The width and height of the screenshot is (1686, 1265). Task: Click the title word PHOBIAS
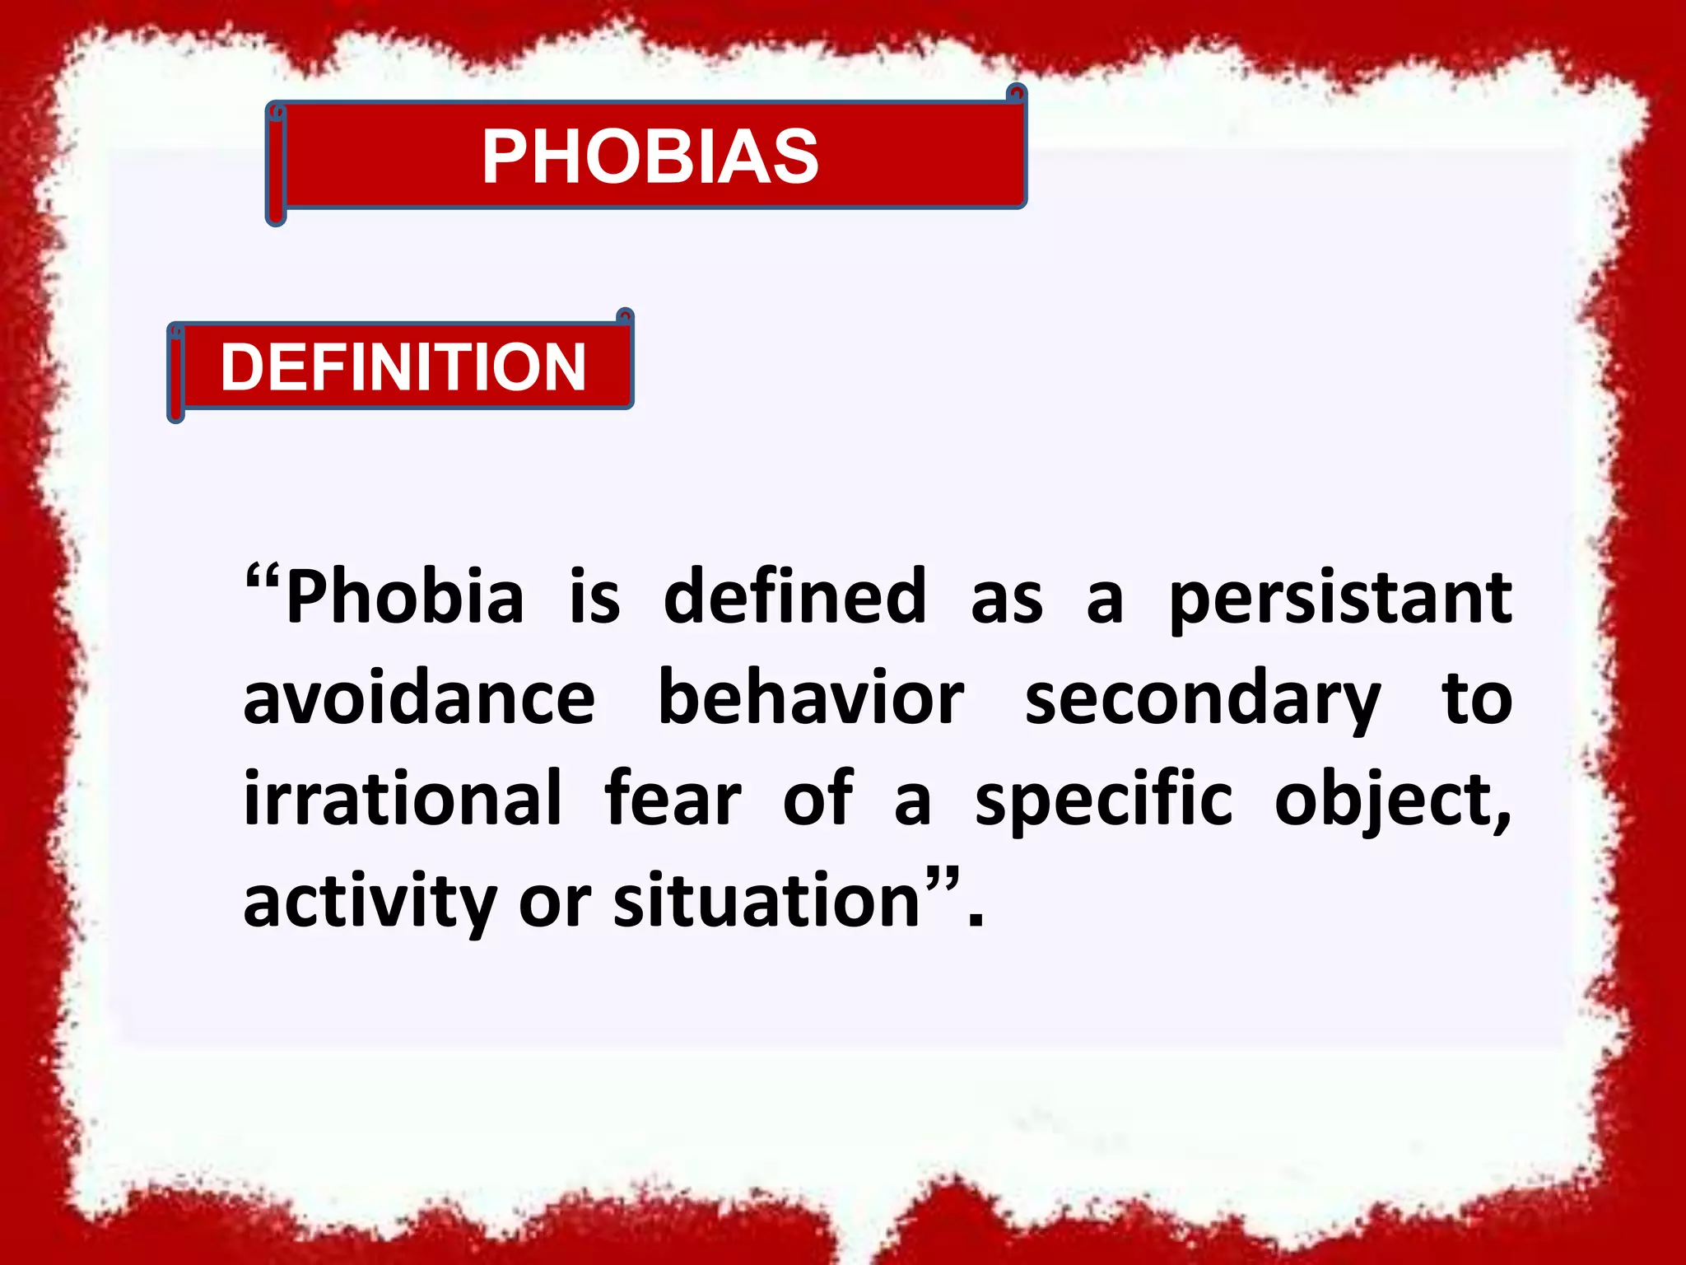tap(650, 156)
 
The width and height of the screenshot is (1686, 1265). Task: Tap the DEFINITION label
tap(403, 367)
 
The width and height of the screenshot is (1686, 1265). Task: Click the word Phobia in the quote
tap(404, 597)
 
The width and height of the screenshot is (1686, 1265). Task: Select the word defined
tap(794, 597)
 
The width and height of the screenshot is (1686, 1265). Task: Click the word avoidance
tap(419, 698)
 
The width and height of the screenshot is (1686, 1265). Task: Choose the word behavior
tap(811, 698)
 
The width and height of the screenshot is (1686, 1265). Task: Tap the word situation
tap(766, 900)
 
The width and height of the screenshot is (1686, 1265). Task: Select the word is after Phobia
tap(594, 597)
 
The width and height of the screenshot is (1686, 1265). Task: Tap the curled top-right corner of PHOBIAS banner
tap(1018, 93)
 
